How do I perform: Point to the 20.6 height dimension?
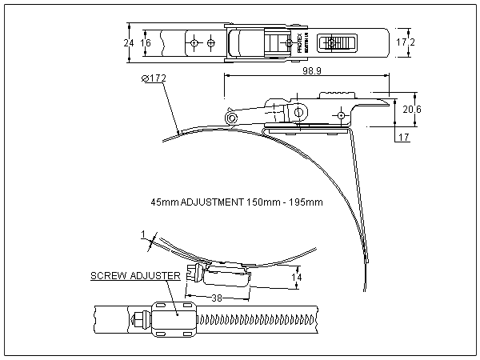[x=411, y=108]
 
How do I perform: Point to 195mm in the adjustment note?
[x=308, y=202]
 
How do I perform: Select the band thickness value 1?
[x=142, y=235]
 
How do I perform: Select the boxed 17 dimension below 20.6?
[x=403, y=138]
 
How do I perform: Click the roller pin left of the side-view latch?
[x=231, y=118]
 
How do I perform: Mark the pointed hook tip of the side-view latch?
[x=391, y=100]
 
